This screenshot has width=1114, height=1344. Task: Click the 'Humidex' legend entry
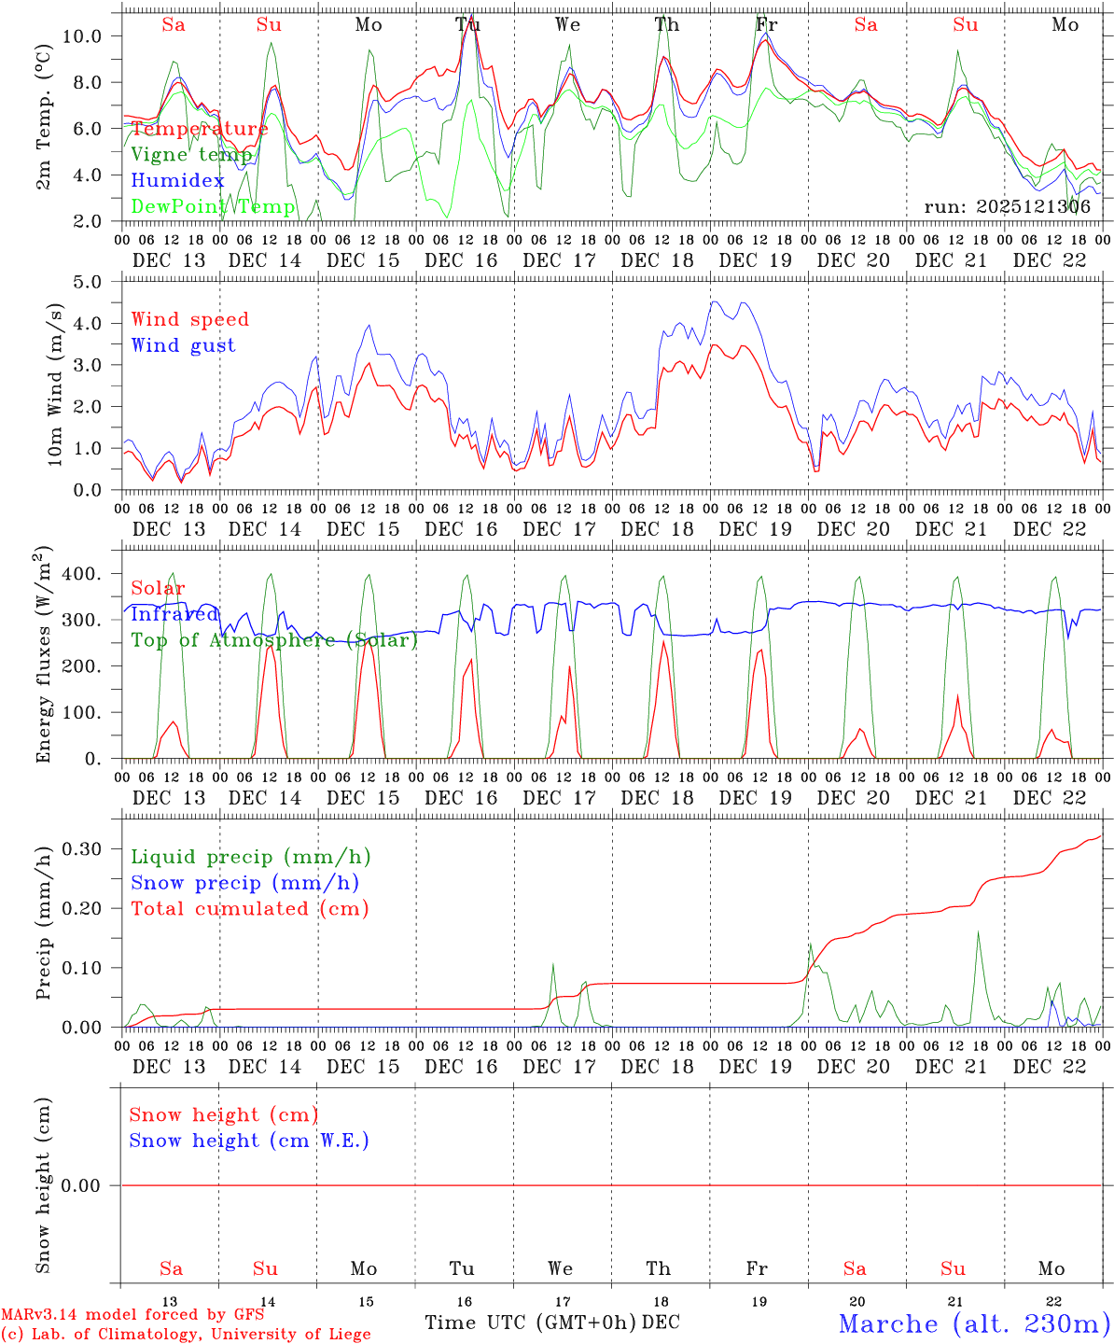point(177,181)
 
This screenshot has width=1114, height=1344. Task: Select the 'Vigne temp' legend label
point(190,155)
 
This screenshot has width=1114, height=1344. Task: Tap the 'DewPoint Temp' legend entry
point(213,207)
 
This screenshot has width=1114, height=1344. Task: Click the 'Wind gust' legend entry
point(183,345)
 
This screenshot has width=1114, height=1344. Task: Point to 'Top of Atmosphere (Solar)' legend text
point(274,640)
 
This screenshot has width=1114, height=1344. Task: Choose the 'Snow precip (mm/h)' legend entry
point(244,883)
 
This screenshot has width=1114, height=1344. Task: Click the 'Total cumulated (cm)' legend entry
point(249,908)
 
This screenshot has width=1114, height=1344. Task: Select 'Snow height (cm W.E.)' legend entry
point(249,1141)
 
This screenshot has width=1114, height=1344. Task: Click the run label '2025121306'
point(1007,207)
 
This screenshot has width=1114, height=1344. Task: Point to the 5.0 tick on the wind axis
point(87,282)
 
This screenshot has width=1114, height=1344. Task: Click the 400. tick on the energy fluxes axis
point(81,574)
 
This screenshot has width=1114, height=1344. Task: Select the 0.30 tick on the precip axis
point(81,848)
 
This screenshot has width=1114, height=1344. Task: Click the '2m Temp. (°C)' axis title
point(44,118)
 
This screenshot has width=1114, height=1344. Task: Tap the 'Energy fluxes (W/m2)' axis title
point(44,656)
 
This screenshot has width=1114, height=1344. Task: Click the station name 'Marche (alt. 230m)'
point(974,1323)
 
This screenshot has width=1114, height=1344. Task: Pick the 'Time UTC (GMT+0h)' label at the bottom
point(531,1323)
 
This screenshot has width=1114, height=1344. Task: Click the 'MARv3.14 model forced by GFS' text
point(132,1315)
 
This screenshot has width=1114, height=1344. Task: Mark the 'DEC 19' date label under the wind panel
point(756,529)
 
